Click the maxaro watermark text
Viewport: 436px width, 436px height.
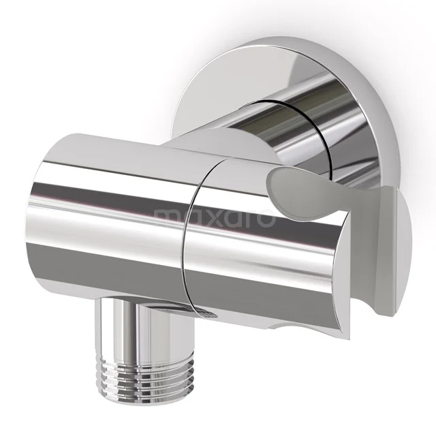click(215, 217)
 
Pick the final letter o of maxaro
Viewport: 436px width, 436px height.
click(266, 218)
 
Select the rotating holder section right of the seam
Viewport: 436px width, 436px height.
click(238, 245)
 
